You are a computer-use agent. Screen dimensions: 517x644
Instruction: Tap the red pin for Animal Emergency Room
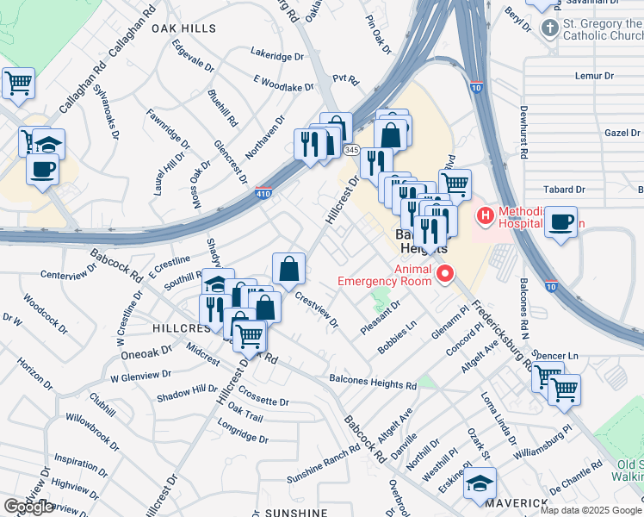pyautogui.click(x=445, y=275)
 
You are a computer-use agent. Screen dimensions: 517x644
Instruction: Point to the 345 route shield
pyautogui.click(x=351, y=150)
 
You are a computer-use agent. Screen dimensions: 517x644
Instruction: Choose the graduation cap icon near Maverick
pyautogui.click(x=480, y=483)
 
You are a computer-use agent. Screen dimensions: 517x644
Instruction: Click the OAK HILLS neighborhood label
pyautogui.click(x=183, y=28)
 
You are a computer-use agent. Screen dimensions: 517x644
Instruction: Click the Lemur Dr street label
pyautogui.click(x=596, y=76)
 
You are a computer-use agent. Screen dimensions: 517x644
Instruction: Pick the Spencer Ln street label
pyautogui.click(x=560, y=355)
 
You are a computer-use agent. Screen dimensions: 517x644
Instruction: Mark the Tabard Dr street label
pyautogui.click(x=565, y=189)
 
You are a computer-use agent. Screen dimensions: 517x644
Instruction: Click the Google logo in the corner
pyautogui.click(x=28, y=507)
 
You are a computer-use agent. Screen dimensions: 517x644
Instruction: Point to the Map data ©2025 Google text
pyautogui.click(x=590, y=509)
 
